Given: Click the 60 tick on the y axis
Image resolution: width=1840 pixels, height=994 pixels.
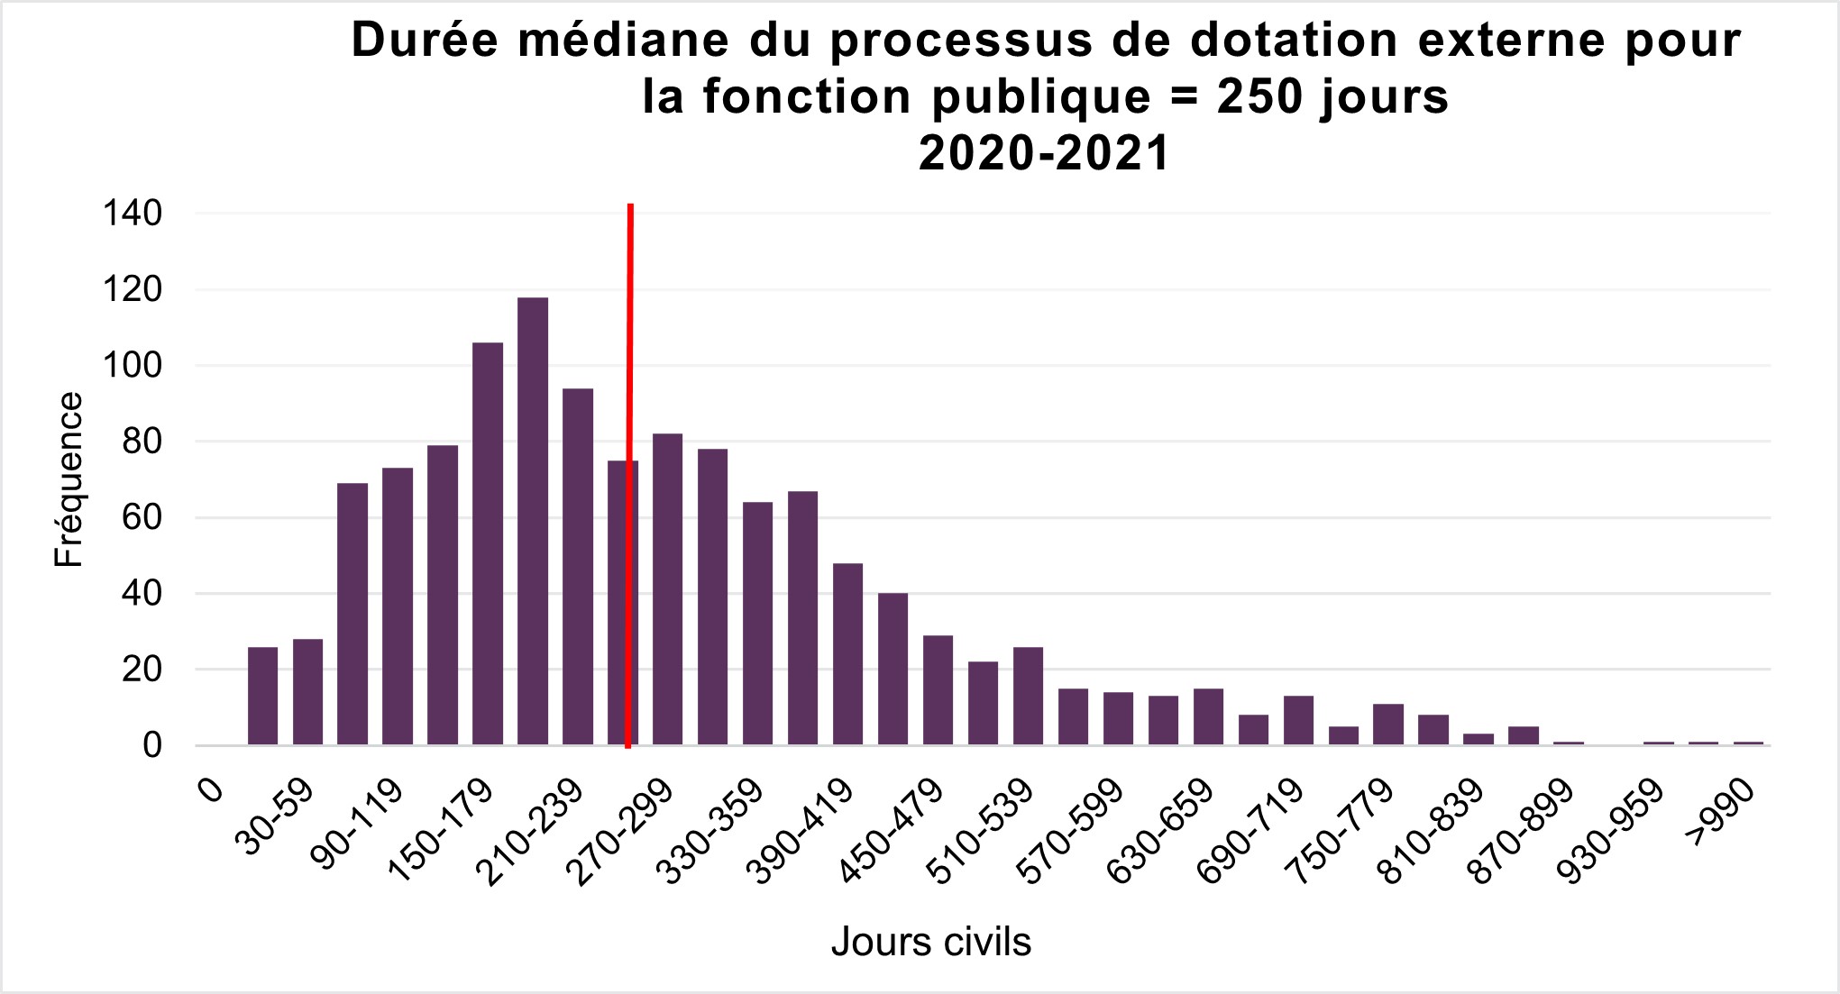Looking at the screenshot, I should [x=141, y=518].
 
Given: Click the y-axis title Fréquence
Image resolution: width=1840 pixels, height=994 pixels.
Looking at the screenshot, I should [x=69, y=479].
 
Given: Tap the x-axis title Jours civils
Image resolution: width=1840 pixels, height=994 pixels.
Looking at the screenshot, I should [x=930, y=943].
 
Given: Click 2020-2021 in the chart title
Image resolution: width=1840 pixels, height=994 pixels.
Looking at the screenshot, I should [x=1044, y=153].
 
